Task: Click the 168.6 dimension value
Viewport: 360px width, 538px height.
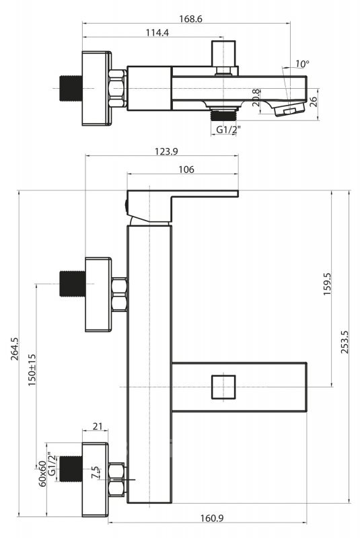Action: point(191,19)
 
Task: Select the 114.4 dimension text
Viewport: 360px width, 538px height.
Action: point(157,32)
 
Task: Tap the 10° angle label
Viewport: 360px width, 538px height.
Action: point(302,64)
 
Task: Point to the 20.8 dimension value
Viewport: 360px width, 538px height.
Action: point(256,98)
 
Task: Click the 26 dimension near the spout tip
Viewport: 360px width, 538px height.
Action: point(314,102)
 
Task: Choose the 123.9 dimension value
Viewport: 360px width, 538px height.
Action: point(166,151)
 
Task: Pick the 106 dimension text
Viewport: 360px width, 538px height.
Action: point(186,169)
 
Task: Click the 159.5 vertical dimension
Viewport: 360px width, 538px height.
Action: point(327,284)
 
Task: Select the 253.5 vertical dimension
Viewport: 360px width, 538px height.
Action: point(345,342)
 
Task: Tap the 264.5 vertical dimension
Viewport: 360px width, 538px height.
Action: point(14,349)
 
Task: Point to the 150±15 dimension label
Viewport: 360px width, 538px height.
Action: point(32,370)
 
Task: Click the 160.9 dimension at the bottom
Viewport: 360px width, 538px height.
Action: point(212,518)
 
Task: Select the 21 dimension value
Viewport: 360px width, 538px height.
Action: point(98,426)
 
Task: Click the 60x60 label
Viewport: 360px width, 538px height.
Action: point(42,473)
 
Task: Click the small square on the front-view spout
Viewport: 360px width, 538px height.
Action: point(223,387)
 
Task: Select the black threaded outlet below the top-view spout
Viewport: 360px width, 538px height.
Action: point(223,115)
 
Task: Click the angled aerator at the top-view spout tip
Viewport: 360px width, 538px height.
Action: point(289,110)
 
